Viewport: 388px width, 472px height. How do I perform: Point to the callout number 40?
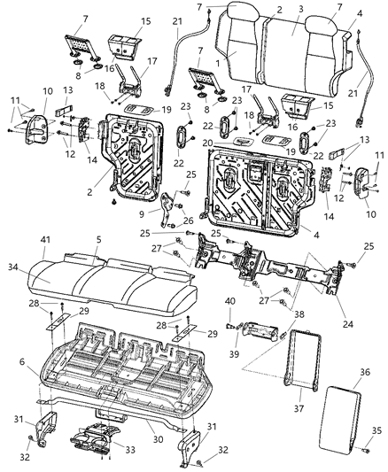[x=229, y=302]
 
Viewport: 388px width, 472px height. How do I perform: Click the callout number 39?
[x=233, y=352]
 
